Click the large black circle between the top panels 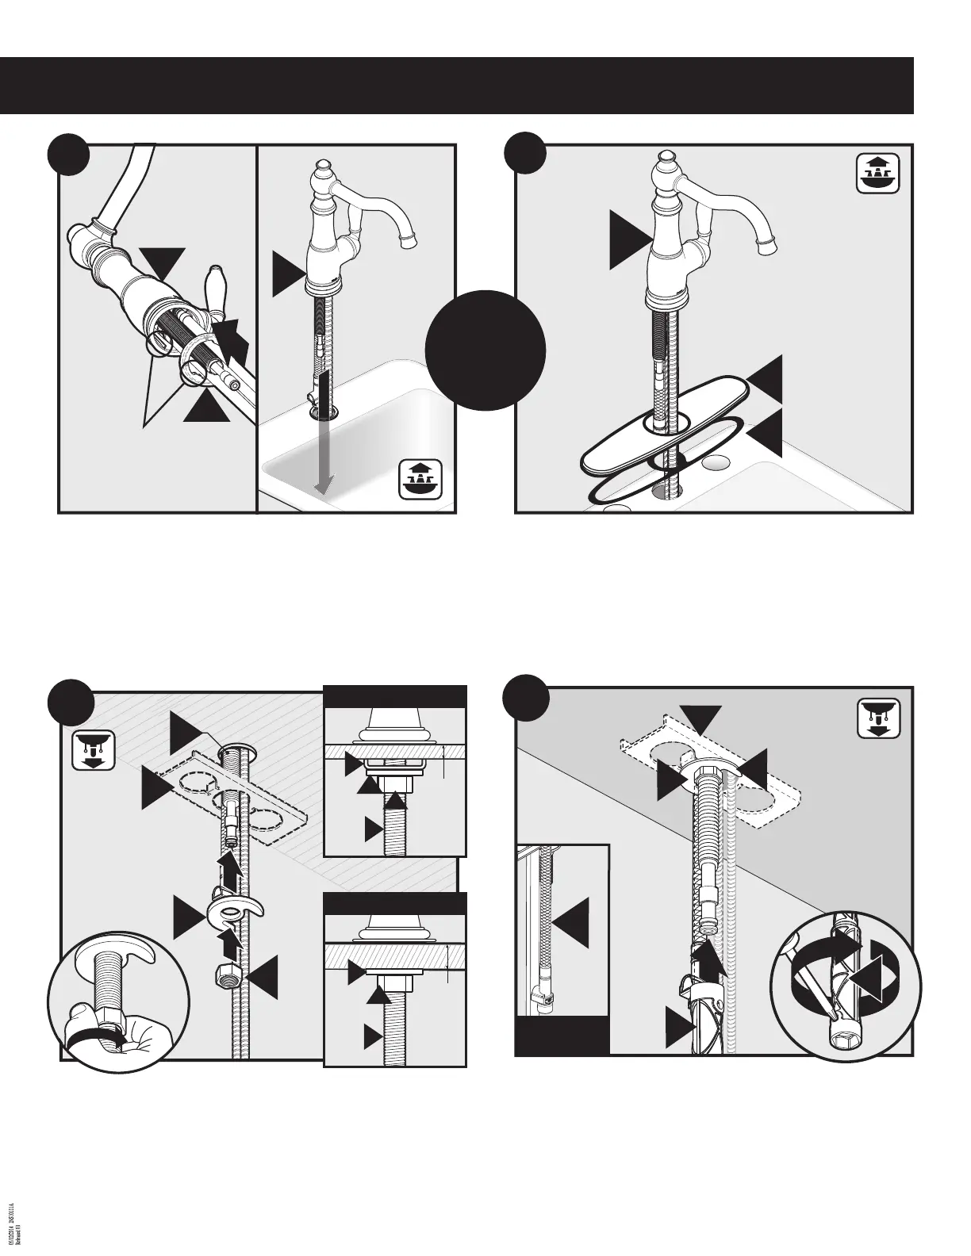coord(485,350)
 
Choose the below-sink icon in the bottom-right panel coord(878,718)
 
